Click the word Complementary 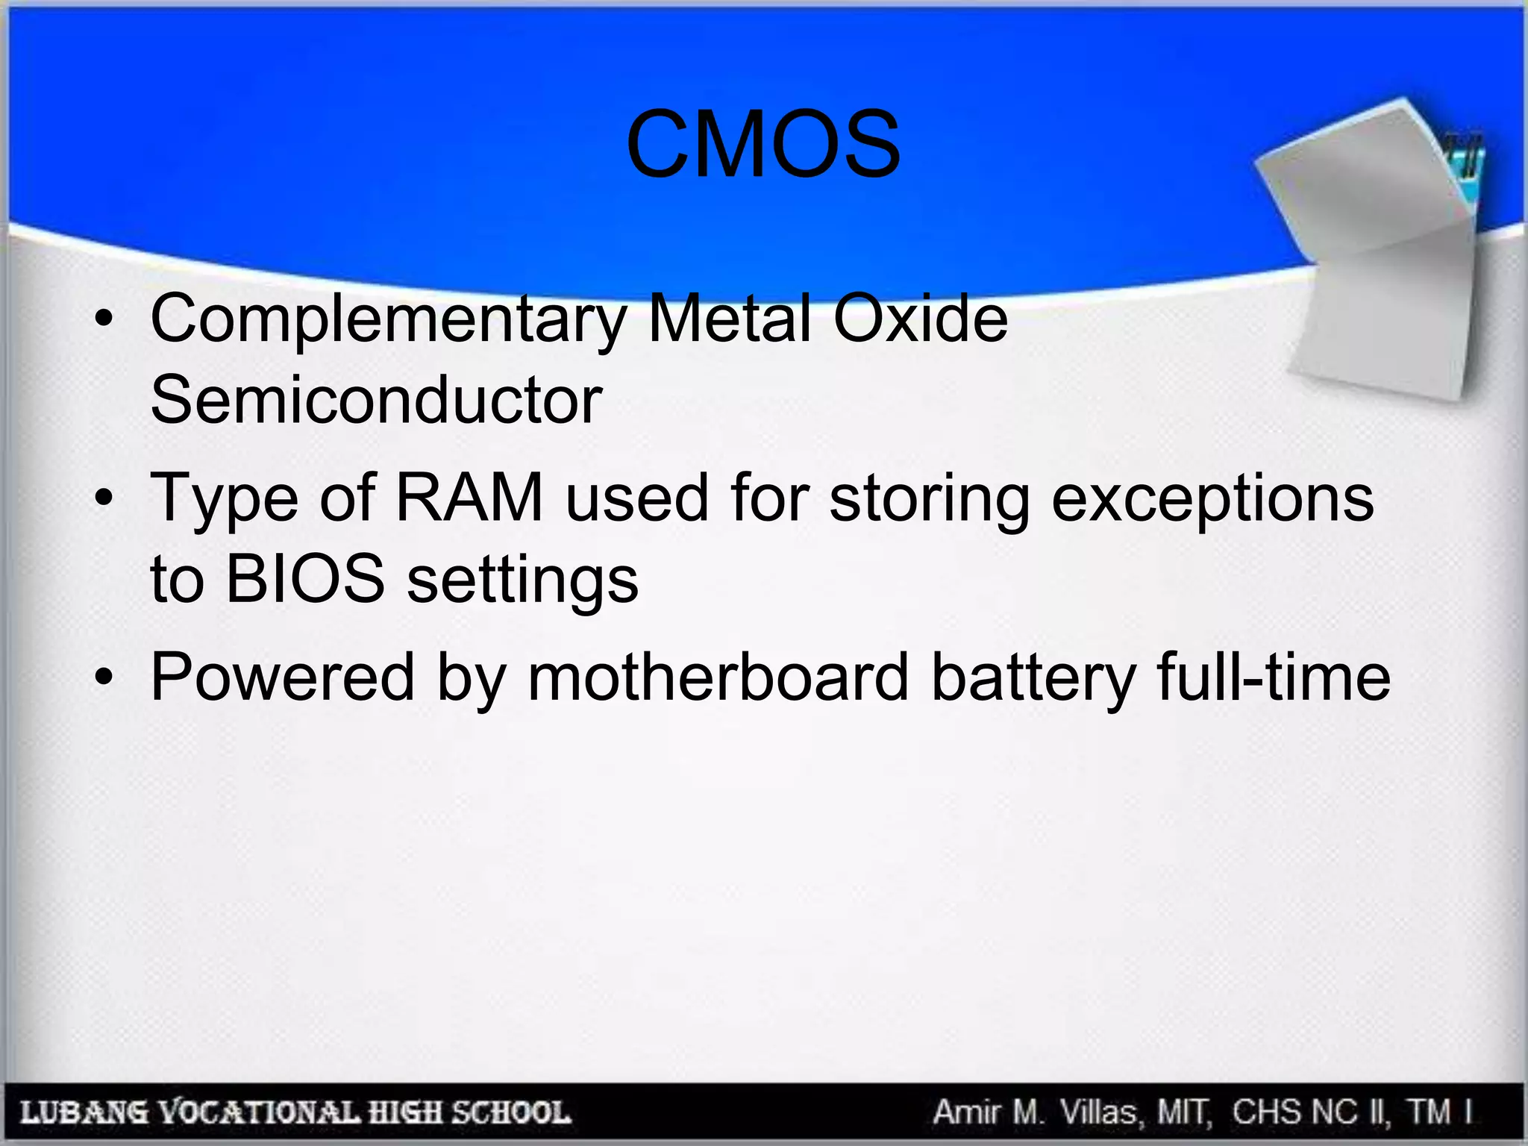point(387,319)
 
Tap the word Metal point(729,319)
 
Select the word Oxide point(920,319)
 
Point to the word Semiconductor point(376,401)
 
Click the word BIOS point(305,579)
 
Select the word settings point(522,580)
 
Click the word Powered point(283,677)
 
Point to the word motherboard point(718,677)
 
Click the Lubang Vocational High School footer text point(295,1112)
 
